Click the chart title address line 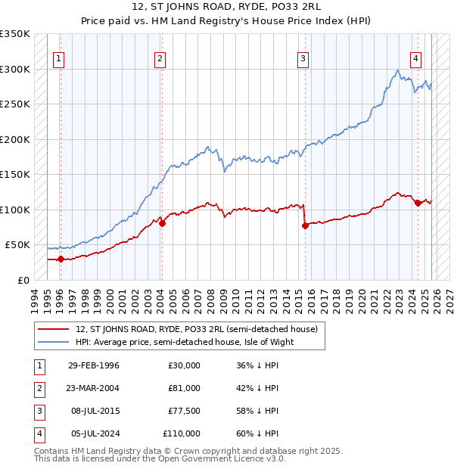(226, 8)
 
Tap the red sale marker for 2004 (162, 222)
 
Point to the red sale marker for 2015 (305, 225)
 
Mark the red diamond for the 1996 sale (61, 259)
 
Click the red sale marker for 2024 (418, 202)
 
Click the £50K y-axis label (17, 245)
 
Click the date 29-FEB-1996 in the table (93, 365)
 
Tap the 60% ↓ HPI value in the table (257, 433)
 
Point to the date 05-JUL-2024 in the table (93, 433)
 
